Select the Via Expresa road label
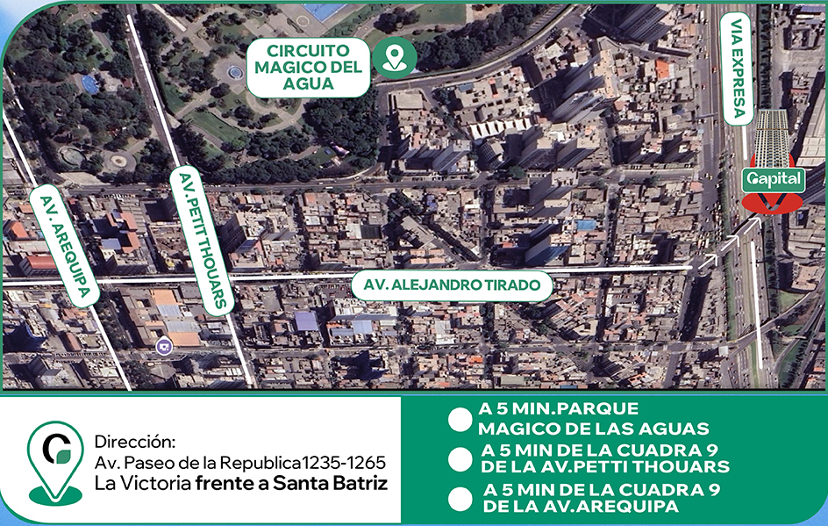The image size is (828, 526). click(736, 67)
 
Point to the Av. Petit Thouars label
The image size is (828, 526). click(203, 239)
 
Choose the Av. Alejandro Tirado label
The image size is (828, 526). click(453, 286)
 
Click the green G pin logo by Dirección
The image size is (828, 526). click(55, 460)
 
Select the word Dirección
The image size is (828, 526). click(135, 440)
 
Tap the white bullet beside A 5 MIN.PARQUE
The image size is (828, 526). click(460, 419)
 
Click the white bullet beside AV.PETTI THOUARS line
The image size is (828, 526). click(460, 458)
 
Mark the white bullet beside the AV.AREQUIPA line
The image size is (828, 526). click(460, 498)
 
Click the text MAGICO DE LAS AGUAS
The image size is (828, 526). click(593, 429)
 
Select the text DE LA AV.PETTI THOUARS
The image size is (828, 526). click(605, 467)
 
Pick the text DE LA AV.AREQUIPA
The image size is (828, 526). click(580, 507)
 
